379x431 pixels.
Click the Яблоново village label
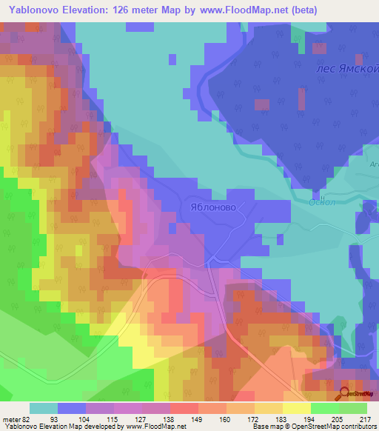pos(212,208)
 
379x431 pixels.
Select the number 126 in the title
pos(132,11)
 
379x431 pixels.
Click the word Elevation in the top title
pos(91,11)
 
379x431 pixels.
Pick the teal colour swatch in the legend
pos(44,408)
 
